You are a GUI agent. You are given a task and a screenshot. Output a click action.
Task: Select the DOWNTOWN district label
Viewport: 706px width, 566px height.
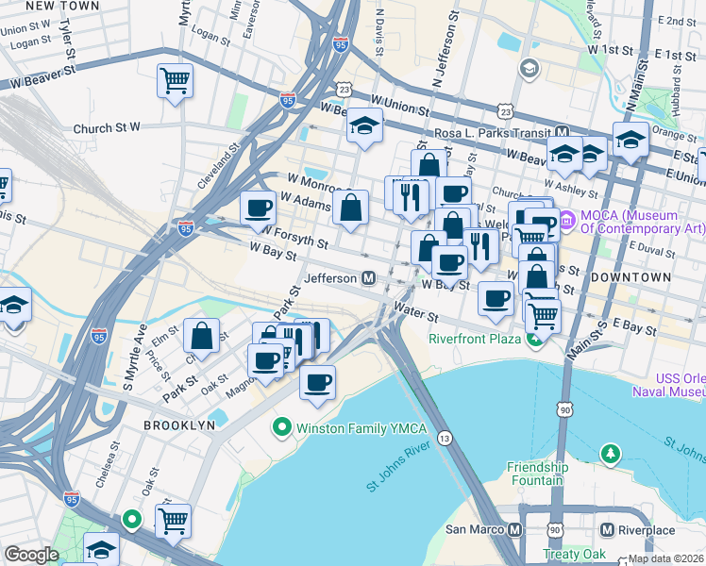coord(631,277)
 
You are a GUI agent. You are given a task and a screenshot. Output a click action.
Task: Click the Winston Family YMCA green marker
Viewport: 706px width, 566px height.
coord(280,428)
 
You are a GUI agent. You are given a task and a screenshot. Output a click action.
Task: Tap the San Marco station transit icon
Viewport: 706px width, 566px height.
coord(513,529)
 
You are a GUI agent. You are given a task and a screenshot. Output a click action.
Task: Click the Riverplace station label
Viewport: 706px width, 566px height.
coord(647,530)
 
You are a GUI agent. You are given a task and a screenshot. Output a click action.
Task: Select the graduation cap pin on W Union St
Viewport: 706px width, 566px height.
coord(363,126)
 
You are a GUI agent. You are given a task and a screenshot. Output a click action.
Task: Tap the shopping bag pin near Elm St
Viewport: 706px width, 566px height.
coord(203,335)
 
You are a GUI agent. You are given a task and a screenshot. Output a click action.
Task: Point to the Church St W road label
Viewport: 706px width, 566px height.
coord(106,127)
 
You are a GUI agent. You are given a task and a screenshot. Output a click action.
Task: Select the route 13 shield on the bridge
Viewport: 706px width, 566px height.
coord(445,438)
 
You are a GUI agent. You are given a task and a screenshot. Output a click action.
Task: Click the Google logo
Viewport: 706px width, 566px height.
coord(31,555)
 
